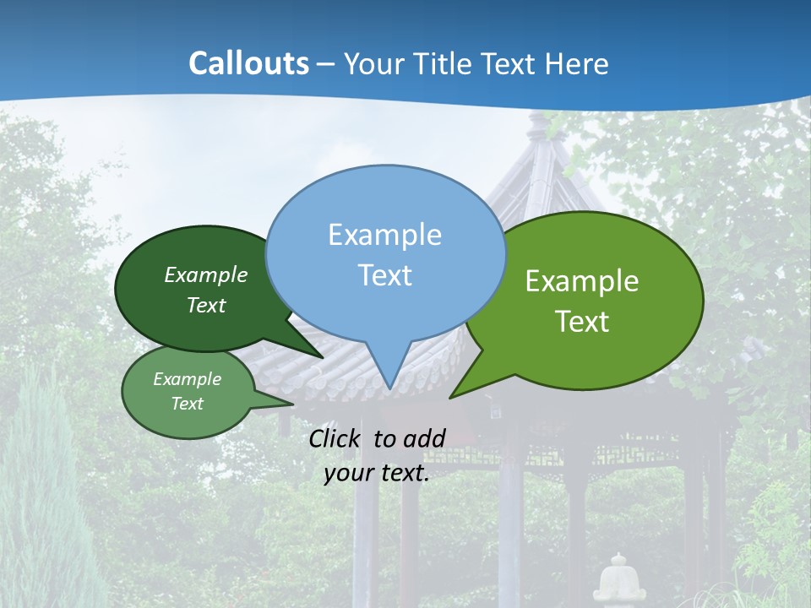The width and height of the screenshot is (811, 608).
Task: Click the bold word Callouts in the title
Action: (x=248, y=63)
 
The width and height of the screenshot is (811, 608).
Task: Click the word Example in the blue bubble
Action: (x=384, y=235)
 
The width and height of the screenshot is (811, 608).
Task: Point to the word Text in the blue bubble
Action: (x=384, y=275)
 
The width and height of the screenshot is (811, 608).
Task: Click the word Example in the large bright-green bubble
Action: (x=582, y=281)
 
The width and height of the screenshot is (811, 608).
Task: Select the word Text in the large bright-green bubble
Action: (x=582, y=322)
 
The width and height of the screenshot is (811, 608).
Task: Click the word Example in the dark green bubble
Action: (x=206, y=274)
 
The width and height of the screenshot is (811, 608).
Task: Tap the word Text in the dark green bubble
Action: (x=206, y=305)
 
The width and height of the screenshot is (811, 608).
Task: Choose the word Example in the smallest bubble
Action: (x=187, y=379)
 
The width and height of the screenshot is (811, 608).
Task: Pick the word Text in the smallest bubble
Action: (x=187, y=404)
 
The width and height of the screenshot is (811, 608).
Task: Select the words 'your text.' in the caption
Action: (x=377, y=474)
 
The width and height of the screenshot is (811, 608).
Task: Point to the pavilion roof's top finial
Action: (x=537, y=122)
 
